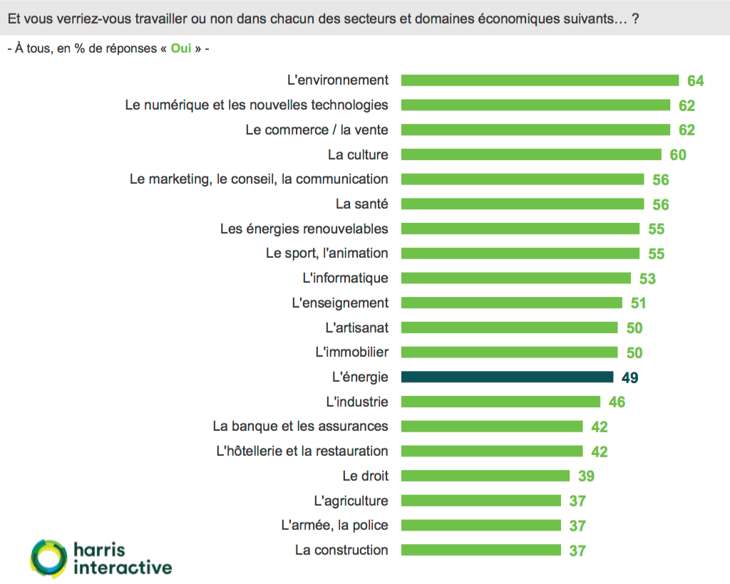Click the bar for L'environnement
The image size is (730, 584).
click(540, 80)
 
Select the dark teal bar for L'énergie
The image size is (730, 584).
click(507, 377)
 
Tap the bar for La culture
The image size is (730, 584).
click(531, 155)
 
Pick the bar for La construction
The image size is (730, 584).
click(481, 550)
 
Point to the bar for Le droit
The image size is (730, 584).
click(485, 476)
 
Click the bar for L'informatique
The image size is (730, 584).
click(516, 278)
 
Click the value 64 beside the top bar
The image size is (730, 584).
click(695, 81)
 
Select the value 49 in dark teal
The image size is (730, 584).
click(629, 377)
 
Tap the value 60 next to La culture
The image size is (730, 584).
click(677, 155)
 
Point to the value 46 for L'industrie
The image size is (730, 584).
click(617, 402)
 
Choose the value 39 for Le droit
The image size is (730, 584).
click(586, 476)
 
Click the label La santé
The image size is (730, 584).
click(362, 204)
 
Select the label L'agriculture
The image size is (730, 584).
click(351, 501)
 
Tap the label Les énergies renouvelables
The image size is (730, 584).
click(304, 229)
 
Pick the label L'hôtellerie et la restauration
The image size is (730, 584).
click(302, 451)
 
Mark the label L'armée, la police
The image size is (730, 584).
click(335, 526)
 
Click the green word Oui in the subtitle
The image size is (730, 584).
click(180, 49)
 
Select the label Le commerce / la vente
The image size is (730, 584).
click(317, 130)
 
